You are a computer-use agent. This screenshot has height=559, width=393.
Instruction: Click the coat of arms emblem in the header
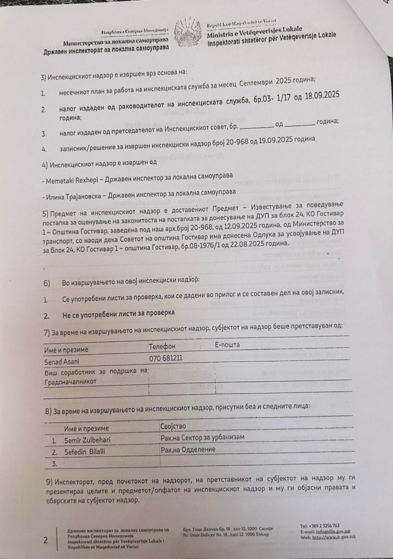[188, 33]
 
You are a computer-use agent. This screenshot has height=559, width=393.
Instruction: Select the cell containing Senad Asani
[62, 361]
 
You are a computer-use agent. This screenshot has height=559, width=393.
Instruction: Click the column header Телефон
[162, 346]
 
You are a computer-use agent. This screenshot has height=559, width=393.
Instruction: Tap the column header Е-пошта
[227, 344]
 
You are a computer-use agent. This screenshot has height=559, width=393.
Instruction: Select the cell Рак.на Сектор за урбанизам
[203, 437]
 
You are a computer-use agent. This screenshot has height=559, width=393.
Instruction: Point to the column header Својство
[174, 425]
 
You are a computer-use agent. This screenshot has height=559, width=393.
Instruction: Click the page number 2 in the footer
[46, 540]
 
